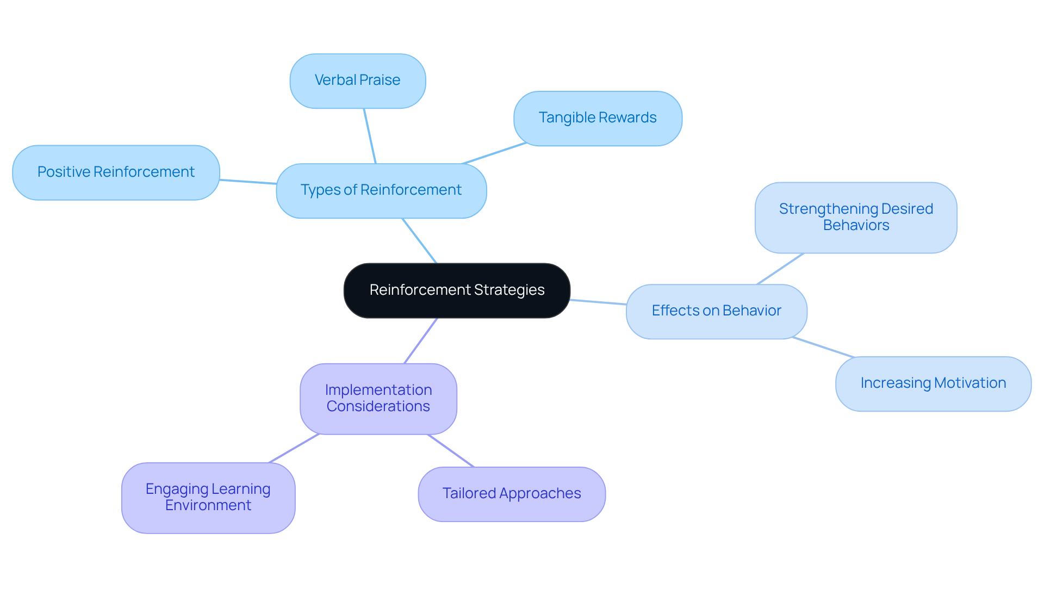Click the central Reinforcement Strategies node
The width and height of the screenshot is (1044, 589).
click(x=457, y=290)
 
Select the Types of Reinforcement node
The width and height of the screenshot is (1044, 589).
click(x=381, y=190)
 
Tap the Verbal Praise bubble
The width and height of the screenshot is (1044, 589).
click(x=358, y=80)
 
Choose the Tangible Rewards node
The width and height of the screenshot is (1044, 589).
click(x=598, y=118)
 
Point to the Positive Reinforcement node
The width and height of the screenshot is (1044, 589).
click(x=116, y=172)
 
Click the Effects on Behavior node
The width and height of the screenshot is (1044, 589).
click(x=716, y=311)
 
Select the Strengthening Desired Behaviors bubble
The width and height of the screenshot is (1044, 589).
click(x=856, y=217)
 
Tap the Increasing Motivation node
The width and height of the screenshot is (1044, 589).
click(x=933, y=383)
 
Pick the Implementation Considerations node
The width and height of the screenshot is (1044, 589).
click(x=378, y=398)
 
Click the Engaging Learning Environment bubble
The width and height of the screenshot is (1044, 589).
click(x=208, y=497)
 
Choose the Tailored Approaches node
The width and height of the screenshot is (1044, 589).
click(x=512, y=494)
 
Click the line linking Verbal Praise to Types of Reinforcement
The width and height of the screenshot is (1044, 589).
click(x=370, y=136)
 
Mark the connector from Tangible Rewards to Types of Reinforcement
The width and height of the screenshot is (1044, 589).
click(x=494, y=153)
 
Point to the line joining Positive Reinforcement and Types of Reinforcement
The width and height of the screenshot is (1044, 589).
click(x=248, y=182)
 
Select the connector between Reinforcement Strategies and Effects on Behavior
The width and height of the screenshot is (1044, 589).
click(x=598, y=302)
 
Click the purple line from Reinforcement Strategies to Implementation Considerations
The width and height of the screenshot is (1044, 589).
click(x=421, y=340)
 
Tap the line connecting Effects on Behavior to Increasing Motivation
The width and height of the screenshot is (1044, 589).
click(x=823, y=347)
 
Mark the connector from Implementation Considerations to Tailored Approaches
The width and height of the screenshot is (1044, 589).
click(x=451, y=450)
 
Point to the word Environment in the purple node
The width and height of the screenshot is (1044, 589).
click(x=208, y=505)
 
